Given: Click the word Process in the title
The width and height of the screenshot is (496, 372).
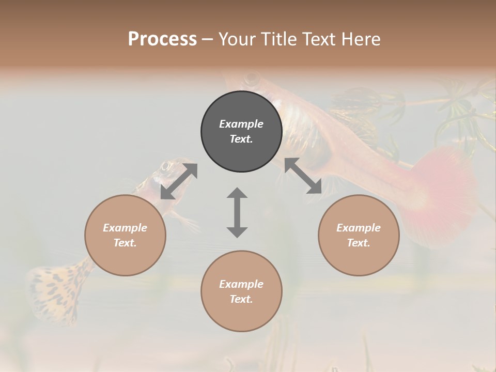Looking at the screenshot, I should click(162, 39).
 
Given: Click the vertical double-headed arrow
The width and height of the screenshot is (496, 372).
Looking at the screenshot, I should click(237, 212).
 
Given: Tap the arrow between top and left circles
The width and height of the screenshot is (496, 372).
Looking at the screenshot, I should click(179, 181).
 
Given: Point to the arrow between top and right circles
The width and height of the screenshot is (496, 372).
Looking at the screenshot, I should click(303, 176).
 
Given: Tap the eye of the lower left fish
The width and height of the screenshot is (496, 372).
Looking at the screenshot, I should click(166, 166).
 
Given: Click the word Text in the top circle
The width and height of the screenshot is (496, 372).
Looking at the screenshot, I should click(241, 139).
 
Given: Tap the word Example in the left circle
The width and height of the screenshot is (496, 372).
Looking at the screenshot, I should click(125, 228).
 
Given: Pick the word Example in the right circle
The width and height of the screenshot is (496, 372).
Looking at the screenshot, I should click(359, 228).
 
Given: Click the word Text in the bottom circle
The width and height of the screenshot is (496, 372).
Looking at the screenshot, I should click(241, 299).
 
